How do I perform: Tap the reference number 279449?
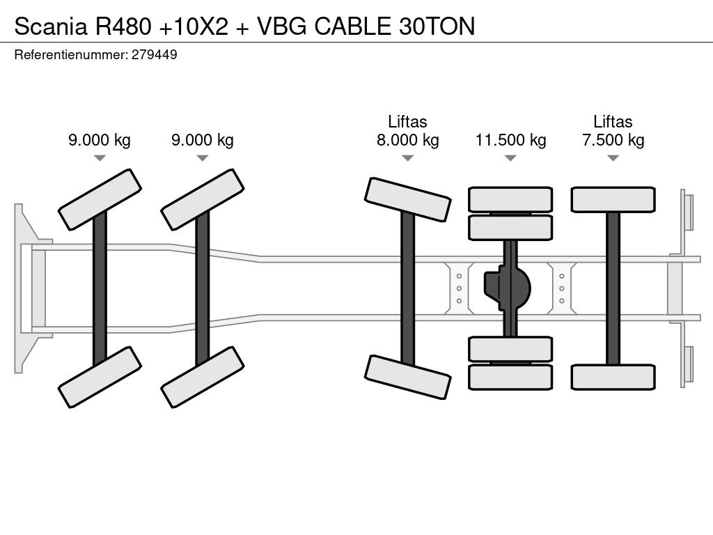click(154, 54)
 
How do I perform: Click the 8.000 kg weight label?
click(407, 140)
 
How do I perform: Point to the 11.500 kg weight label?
click(510, 140)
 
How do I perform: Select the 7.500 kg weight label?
click(613, 140)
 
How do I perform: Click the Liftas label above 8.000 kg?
click(407, 122)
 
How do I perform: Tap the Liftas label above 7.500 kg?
click(613, 122)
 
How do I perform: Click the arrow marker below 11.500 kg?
click(510, 158)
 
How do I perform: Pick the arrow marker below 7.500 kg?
click(613, 158)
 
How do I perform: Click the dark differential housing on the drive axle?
click(508, 285)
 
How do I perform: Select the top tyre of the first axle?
click(100, 199)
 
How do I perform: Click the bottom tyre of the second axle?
click(203, 377)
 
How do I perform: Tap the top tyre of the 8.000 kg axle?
click(407, 199)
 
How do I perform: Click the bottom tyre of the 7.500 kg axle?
click(613, 377)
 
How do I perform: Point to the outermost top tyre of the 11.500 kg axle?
click(510, 199)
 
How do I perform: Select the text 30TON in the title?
click(437, 26)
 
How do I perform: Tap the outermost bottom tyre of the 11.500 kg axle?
click(510, 377)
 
